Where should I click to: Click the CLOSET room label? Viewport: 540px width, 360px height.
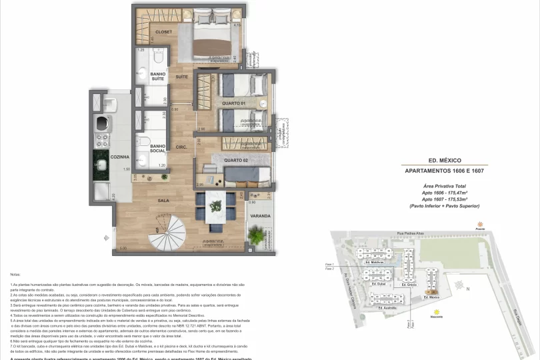[164, 32]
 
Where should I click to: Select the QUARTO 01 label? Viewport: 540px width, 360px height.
[235, 103]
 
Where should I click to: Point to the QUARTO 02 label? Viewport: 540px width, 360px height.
[237, 160]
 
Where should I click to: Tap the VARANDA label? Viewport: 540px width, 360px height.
[260, 216]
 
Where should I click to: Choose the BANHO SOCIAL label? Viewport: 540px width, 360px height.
[158, 148]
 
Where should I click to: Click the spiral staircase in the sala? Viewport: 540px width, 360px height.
[170, 231]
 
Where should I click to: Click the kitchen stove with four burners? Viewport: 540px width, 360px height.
[103, 140]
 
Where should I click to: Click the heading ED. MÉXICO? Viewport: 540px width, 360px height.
[445, 161]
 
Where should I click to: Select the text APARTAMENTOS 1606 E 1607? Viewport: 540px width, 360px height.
[445, 171]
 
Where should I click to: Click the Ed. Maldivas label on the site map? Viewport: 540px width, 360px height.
[376, 263]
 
